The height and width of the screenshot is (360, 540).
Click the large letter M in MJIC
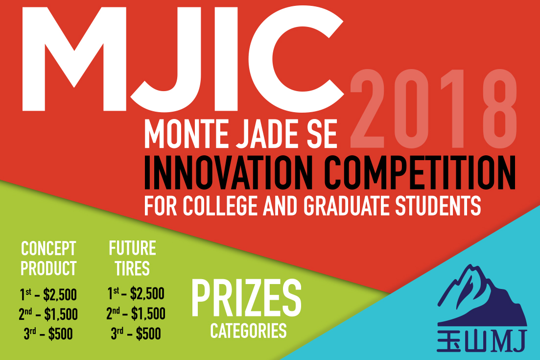[x=74, y=59]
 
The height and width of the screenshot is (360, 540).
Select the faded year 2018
[x=434, y=109]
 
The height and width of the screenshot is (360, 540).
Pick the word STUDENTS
[x=438, y=206]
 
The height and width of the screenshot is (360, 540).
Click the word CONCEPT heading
[x=48, y=248]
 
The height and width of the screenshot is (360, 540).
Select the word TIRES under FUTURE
[x=133, y=268]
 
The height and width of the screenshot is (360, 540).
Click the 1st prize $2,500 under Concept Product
[x=48, y=295]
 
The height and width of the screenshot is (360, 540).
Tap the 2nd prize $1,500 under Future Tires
[x=136, y=313]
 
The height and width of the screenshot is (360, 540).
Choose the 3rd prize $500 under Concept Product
[x=48, y=334]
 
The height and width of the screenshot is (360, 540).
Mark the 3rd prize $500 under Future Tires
[x=136, y=333]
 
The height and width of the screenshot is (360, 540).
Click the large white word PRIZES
[x=246, y=298]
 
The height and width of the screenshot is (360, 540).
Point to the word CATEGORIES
[x=248, y=331]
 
